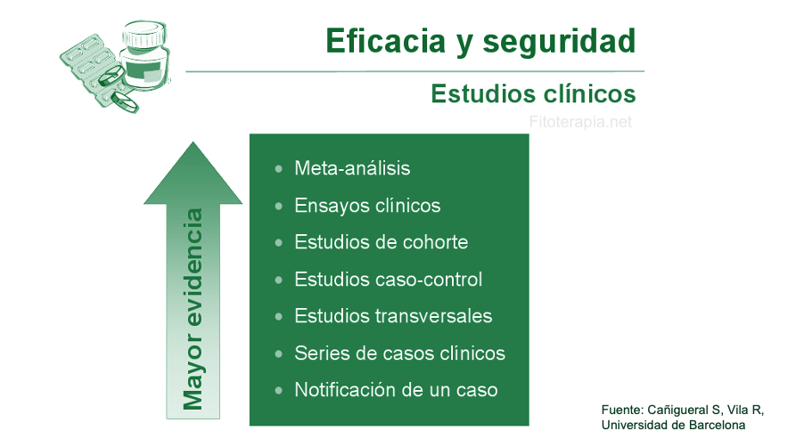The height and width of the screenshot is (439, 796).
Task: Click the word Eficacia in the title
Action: [x=385, y=41]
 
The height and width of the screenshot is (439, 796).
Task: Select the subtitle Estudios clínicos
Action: [x=533, y=93]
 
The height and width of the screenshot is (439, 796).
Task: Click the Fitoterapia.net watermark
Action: [x=580, y=122]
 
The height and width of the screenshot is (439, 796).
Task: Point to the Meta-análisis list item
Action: [x=352, y=168]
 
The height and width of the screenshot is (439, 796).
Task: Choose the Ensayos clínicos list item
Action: [x=367, y=206]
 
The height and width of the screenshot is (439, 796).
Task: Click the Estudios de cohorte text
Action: [x=382, y=242]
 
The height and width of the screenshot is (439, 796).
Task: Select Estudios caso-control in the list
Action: [x=389, y=280]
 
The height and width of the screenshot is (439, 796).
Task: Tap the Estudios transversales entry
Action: [x=393, y=316]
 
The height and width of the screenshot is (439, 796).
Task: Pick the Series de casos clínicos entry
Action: [x=400, y=354]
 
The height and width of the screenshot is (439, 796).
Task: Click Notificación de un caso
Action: [x=396, y=390]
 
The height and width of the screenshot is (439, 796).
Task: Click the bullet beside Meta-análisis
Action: [x=279, y=169]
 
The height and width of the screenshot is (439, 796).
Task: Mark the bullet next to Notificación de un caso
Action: [x=279, y=390]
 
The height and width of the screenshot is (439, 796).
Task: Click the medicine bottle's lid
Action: [x=144, y=34]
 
